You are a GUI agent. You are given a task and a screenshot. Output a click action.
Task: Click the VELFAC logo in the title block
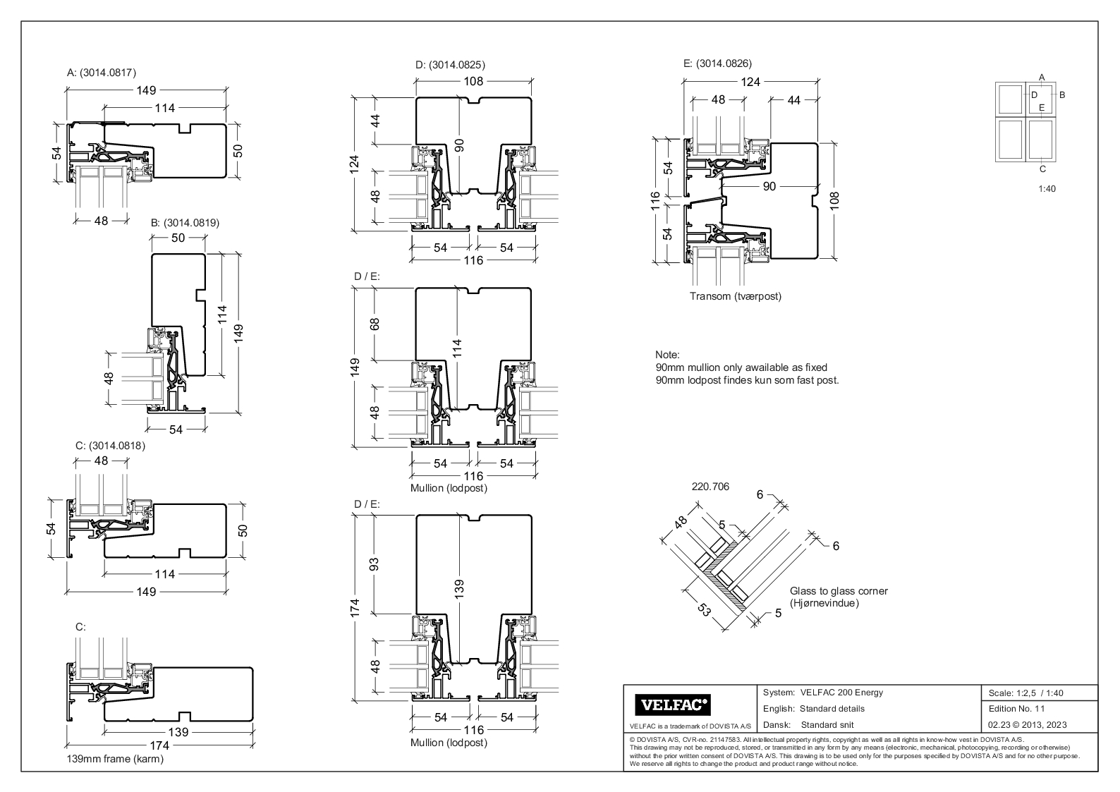(x=674, y=705)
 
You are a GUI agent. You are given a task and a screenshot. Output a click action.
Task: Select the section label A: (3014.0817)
(x=102, y=72)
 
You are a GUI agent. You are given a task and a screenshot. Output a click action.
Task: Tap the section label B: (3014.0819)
(x=185, y=222)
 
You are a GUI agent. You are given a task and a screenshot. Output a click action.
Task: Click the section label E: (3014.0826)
(x=717, y=63)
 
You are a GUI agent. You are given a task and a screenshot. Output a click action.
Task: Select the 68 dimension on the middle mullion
(x=375, y=324)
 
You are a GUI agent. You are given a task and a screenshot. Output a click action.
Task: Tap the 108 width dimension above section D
(x=473, y=81)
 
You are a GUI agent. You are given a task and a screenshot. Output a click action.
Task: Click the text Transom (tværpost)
(x=736, y=296)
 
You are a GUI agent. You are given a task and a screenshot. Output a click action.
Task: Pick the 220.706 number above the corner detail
(x=710, y=487)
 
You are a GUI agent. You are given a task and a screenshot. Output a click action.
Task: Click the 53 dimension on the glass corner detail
(x=702, y=609)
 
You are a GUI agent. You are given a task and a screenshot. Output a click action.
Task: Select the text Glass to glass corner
(x=839, y=591)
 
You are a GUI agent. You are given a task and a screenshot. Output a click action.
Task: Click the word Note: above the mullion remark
(x=666, y=355)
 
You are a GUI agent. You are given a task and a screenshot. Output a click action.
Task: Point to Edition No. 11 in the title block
(x=1017, y=709)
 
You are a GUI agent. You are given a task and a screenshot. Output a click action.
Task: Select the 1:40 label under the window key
(x=1047, y=189)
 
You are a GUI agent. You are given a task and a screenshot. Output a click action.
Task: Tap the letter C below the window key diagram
(x=1042, y=169)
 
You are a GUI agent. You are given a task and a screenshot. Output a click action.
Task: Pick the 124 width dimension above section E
(x=750, y=82)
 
